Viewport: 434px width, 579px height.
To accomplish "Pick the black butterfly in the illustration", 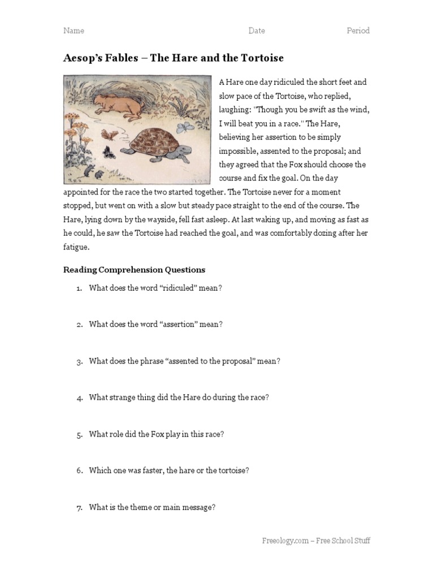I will [107, 151].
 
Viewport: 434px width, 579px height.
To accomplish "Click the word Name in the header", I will [73, 31].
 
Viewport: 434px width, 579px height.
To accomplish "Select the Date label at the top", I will [257, 31].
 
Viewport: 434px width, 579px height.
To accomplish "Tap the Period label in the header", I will [358, 31].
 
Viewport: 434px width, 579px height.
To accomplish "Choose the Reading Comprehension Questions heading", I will [134, 270].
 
